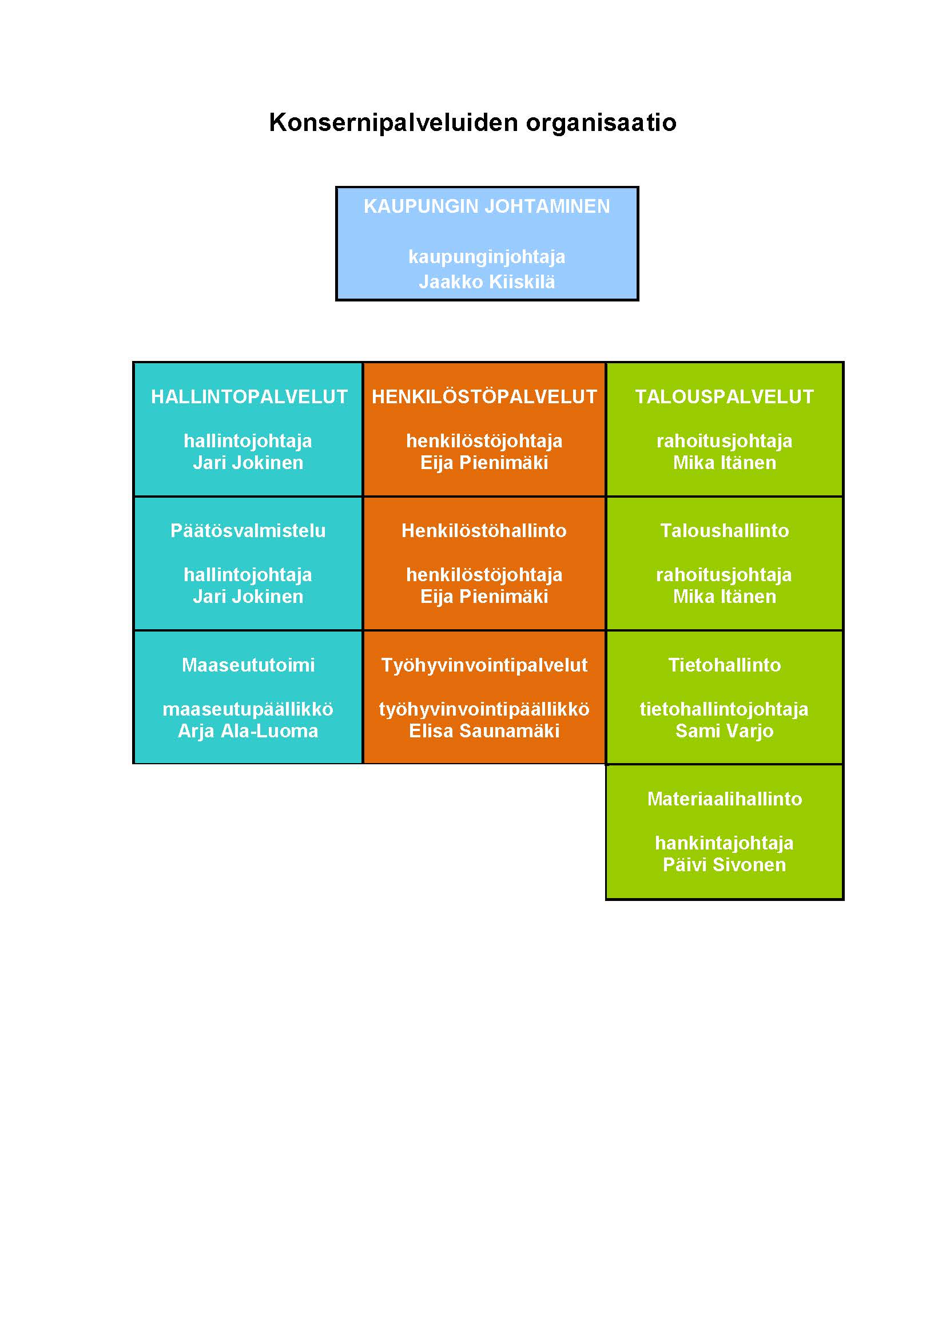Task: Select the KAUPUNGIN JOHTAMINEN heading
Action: (x=486, y=207)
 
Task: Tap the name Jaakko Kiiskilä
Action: (x=486, y=282)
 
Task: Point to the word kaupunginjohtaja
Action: (x=486, y=257)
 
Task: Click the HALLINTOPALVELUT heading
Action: (x=249, y=397)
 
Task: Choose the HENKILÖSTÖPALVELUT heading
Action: (x=484, y=397)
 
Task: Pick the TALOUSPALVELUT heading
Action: (x=724, y=397)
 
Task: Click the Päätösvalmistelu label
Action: (x=248, y=531)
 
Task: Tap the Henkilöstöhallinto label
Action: (x=484, y=531)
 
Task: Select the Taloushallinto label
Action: (x=724, y=531)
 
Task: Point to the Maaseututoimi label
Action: (x=248, y=665)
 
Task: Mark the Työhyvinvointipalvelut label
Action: (x=484, y=665)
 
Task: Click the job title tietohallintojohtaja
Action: (x=724, y=709)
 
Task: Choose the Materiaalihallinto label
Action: (x=724, y=799)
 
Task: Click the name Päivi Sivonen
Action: (x=724, y=865)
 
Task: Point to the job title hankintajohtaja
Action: (x=724, y=843)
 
